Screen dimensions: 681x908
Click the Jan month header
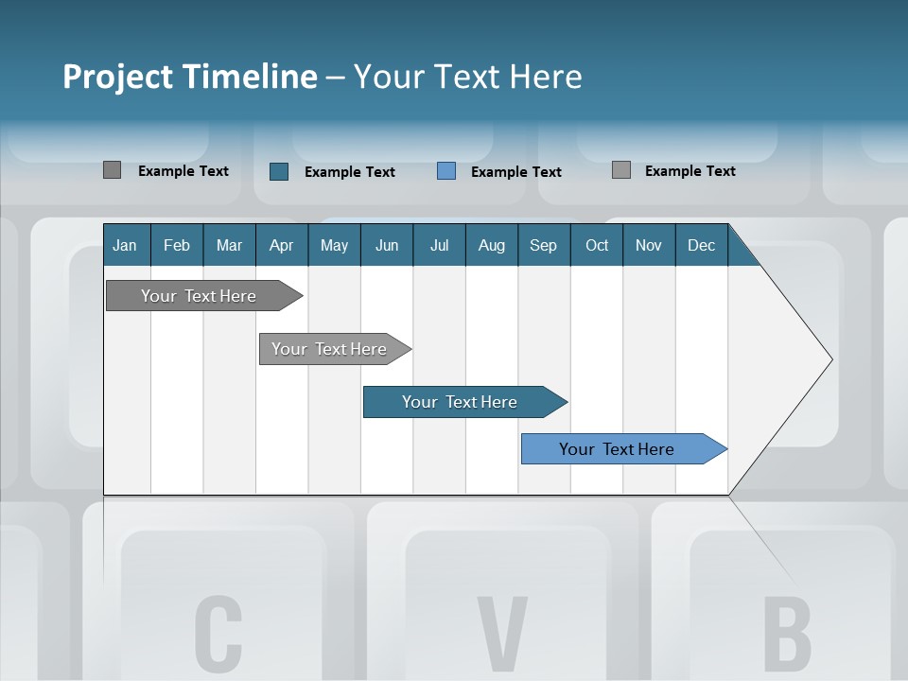coord(126,245)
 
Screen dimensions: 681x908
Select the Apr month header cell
coord(282,245)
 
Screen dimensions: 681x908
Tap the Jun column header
coord(387,245)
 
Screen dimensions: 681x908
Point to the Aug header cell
coord(492,245)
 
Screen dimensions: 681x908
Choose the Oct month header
coord(597,245)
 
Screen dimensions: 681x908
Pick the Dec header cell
coord(702,245)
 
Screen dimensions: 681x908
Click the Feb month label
coord(177,245)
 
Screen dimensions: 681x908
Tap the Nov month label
coord(649,245)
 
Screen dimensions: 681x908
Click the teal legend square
coord(279,171)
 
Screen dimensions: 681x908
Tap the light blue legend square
coord(446,171)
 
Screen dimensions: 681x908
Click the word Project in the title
coord(117,77)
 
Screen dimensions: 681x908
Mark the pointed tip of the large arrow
coord(830,359)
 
